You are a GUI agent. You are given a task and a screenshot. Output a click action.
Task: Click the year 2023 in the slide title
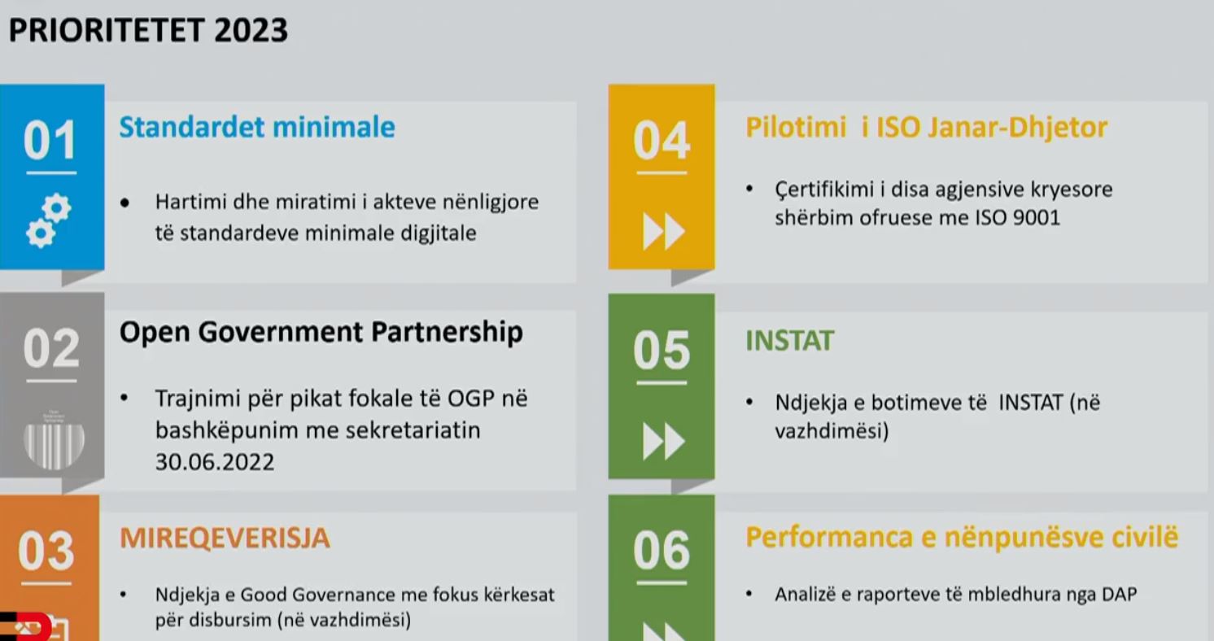251,30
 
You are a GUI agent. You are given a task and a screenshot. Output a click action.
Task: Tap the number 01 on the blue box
50,141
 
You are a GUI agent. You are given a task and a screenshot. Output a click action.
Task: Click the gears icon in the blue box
49,220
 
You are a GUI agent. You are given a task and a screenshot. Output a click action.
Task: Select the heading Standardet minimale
257,128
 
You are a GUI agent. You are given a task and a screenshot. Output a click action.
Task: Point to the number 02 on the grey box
51,348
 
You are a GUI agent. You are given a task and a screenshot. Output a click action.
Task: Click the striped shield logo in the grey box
54,440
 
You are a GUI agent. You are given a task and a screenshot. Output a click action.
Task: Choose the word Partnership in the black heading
448,333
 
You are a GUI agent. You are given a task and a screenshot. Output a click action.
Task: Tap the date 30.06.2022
215,462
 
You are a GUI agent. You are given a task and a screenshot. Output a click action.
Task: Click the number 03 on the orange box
46,551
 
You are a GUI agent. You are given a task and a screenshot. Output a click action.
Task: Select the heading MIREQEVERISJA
225,538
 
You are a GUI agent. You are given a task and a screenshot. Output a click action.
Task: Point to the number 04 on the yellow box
662,141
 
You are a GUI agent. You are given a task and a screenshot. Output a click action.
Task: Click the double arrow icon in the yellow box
663,231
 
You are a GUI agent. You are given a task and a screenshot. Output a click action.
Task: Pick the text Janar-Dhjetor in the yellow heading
1017,129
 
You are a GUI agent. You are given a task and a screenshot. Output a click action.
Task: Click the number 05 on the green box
662,351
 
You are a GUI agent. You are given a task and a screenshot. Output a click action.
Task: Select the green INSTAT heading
789,341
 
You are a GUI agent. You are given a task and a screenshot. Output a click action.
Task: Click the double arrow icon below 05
663,442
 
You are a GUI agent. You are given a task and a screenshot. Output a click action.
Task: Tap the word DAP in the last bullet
1119,595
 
